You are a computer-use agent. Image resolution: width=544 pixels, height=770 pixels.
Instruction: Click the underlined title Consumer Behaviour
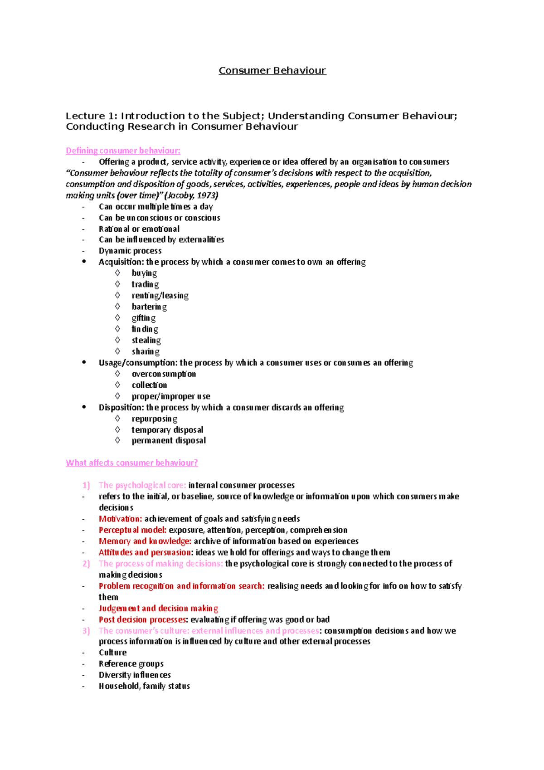pyautogui.click(x=272, y=71)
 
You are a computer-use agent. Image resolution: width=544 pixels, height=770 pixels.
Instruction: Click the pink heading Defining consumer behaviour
pyautogui.click(x=123, y=151)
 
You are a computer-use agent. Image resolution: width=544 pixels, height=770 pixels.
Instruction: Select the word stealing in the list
pyautogui.click(x=146, y=340)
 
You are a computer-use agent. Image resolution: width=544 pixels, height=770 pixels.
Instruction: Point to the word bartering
pyautogui.click(x=149, y=307)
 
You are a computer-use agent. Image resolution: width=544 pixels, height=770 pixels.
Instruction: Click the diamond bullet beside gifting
pyautogui.click(x=117, y=317)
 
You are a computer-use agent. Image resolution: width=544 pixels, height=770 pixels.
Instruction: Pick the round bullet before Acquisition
pyautogui.click(x=84, y=261)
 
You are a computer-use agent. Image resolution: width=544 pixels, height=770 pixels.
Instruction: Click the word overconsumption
pyautogui.click(x=164, y=374)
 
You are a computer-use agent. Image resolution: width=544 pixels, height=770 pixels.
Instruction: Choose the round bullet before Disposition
pyautogui.click(x=84, y=407)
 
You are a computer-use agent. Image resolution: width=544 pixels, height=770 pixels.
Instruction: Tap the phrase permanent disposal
pyautogui.click(x=169, y=440)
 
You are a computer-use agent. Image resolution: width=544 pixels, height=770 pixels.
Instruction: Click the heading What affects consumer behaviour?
pyautogui.click(x=131, y=463)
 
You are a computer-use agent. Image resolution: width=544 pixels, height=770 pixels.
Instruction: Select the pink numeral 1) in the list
pyautogui.click(x=86, y=485)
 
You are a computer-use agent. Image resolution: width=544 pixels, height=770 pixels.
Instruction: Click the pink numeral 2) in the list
pyautogui.click(x=86, y=564)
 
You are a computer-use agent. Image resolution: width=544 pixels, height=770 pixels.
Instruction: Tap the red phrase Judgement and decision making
pyautogui.click(x=158, y=609)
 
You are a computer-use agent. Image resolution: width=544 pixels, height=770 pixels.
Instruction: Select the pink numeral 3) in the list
pyautogui.click(x=86, y=631)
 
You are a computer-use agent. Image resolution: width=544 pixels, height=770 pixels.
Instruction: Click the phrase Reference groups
pyautogui.click(x=131, y=664)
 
